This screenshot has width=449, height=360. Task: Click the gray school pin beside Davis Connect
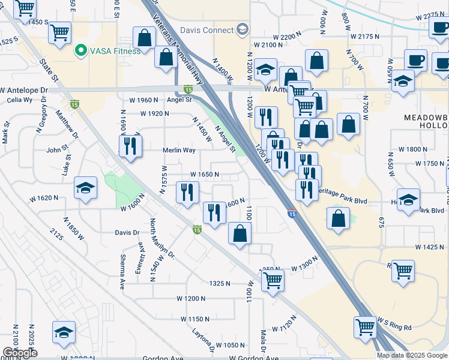(x=243, y=29)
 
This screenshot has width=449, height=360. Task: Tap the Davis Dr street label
(x=127, y=232)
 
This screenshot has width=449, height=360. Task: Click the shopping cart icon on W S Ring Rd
(x=365, y=327)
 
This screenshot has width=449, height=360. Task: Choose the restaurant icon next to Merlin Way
(x=130, y=146)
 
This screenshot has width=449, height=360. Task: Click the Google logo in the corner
(x=20, y=353)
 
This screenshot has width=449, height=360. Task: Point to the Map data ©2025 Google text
(x=412, y=355)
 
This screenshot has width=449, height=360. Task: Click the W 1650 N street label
(x=203, y=175)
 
